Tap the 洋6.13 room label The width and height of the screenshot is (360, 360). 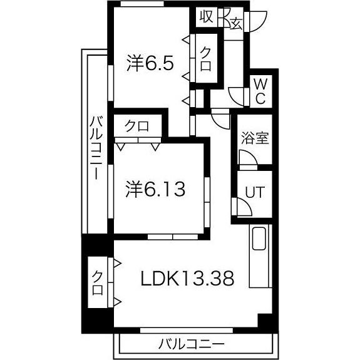coord(155,188)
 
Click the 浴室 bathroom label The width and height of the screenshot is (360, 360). coord(254,137)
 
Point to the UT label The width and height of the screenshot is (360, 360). coord(254,193)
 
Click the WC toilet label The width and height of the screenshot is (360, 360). coord(260,91)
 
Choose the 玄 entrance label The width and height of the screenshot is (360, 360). coord(237,24)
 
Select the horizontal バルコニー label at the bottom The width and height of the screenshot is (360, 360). coord(191,344)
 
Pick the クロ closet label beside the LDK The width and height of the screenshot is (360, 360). coord(98,283)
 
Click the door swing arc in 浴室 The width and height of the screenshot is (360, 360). coord(246,161)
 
